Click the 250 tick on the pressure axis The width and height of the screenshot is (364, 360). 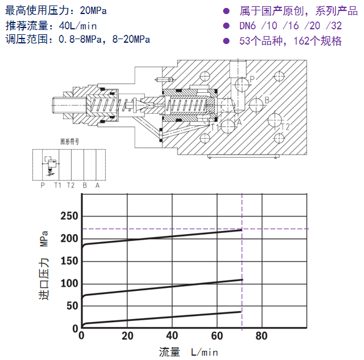69,216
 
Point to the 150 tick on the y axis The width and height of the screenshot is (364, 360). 69,261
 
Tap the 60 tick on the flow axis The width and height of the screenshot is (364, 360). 217,336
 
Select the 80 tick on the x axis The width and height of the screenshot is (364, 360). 262,336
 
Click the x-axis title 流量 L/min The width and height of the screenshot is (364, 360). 188,352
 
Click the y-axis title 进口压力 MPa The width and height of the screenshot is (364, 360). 44,265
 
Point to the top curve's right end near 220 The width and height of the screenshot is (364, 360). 242,230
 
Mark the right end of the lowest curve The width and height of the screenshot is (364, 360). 240,312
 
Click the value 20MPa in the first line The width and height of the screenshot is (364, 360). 94,10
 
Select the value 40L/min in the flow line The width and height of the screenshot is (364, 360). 78,26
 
